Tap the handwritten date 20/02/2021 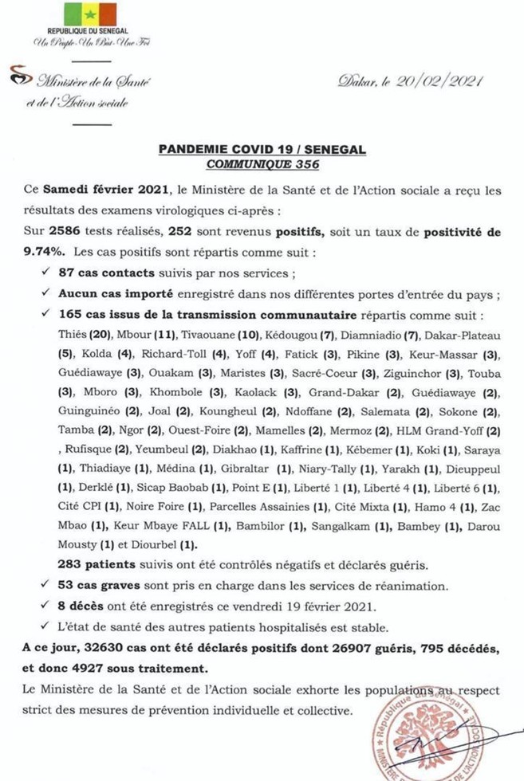point(431,80)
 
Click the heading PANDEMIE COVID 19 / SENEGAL point(262,149)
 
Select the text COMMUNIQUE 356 point(262,164)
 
